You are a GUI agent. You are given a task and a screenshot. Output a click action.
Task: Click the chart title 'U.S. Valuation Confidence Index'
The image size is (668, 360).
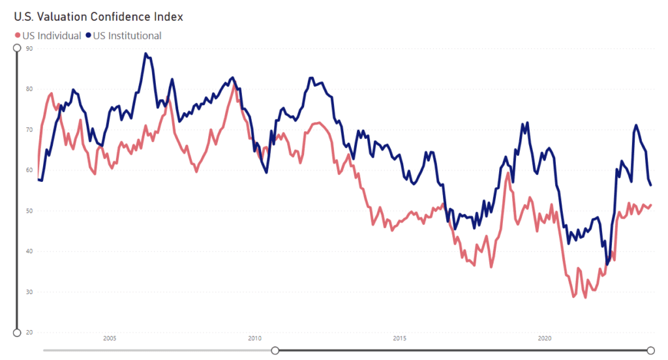click(x=99, y=16)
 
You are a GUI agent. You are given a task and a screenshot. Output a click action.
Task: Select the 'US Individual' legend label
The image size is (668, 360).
click(x=52, y=35)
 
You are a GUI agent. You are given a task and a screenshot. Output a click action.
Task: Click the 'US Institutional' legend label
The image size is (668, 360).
click(x=127, y=35)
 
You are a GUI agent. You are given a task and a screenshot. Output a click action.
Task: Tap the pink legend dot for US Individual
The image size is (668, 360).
click(x=18, y=35)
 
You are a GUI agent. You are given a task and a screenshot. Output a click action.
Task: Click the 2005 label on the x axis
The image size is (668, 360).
click(x=110, y=338)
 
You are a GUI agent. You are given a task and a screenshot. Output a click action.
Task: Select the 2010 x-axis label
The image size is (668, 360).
click(x=255, y=338)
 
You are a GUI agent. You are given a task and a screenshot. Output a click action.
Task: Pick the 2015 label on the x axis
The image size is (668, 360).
click(x=400, y=338)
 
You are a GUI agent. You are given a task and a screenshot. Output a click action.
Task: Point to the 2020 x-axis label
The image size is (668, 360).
click(x=545, y=338)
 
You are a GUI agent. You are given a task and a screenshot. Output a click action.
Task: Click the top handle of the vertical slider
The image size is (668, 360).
click(x=17, y=48)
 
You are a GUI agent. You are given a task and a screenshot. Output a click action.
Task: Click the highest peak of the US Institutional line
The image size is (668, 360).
click(x=145, y=53)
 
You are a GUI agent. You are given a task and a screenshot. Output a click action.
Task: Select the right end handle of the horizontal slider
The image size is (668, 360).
click(x=650, y=350)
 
